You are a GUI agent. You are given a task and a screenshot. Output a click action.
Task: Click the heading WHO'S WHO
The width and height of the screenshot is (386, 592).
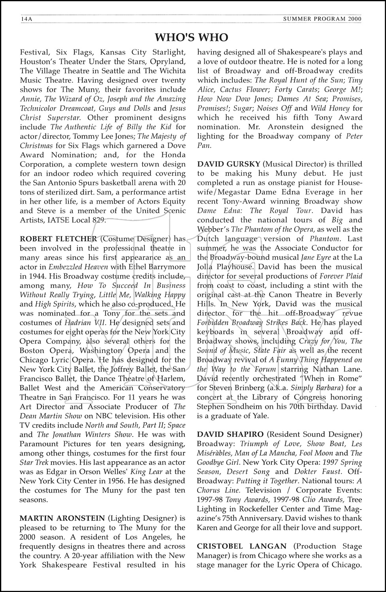pyautogui.click(x=192, y=37)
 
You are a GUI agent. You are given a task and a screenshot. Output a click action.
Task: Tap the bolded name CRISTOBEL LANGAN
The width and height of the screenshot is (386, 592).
pyautogui.click(x=242, y=546)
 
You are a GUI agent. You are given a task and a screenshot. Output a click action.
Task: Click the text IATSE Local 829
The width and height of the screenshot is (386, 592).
pyautogui.click(x=73, y=220)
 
